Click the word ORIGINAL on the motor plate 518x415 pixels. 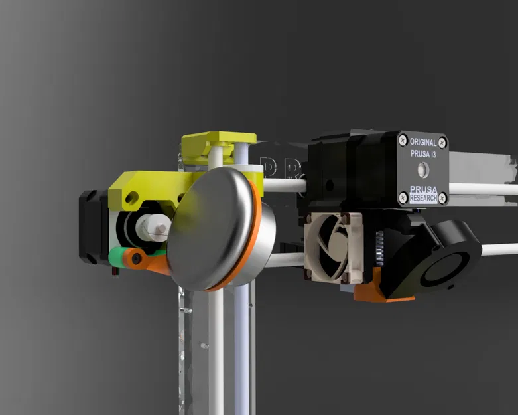pyautogui.click(x=423, y=142)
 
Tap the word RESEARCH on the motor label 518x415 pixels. pyautogui.click(x=423, y=199)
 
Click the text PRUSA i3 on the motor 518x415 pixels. pyautogui.click(x=423, y=154)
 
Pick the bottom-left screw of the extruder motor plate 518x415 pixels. pyautogui.click(x=402, y=196)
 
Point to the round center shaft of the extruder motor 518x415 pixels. pyautogui.click(x=424, y=170)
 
